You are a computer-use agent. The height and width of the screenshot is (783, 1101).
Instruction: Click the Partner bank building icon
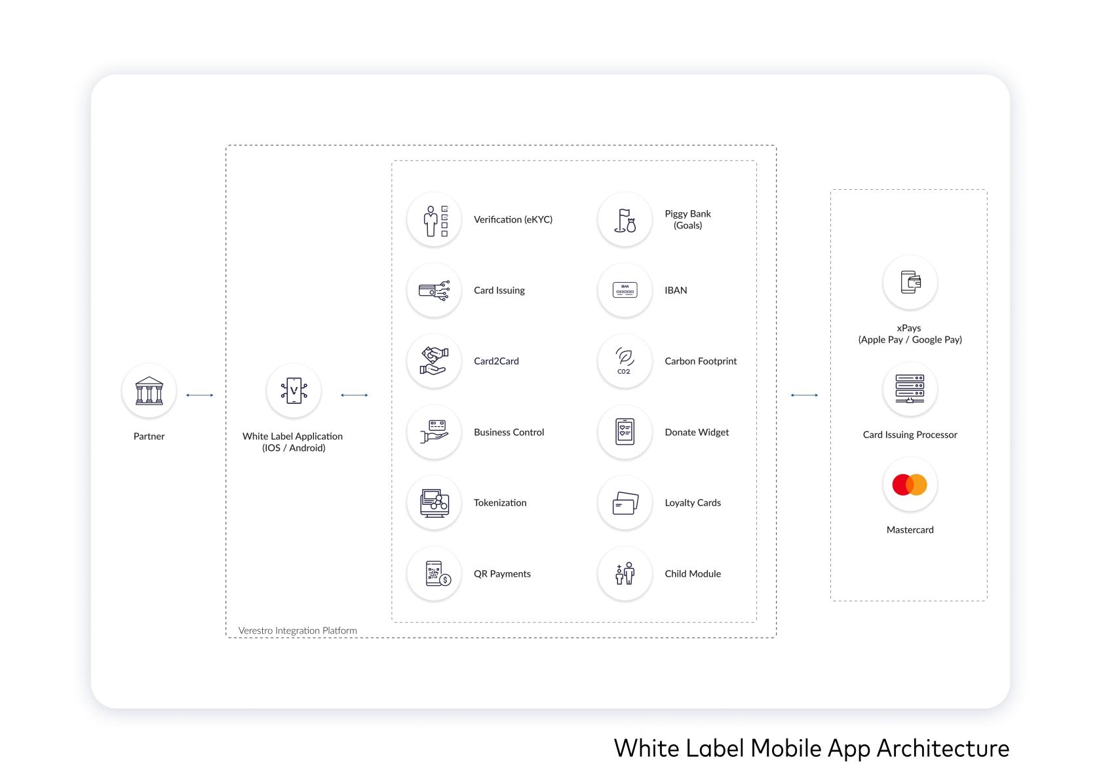[149, 391]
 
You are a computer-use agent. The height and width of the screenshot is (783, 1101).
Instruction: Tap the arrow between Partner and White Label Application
[199, 395]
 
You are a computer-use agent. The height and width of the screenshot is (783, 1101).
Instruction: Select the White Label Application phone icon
[294, 391]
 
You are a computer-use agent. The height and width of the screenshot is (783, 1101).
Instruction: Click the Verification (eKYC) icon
[434, 219]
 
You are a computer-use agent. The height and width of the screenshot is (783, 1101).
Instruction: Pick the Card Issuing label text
[499, 291]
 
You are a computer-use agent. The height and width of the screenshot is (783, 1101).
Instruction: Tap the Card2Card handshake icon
[434, 361]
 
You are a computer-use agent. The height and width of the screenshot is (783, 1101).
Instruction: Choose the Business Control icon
[434, 431]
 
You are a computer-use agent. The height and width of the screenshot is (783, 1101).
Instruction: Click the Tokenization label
[500, 503]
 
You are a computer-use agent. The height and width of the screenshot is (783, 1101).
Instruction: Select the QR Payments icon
[434, 574]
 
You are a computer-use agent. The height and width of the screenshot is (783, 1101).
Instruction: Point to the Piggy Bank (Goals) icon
[625, 219]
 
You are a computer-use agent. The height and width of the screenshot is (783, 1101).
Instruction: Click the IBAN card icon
[625, 290]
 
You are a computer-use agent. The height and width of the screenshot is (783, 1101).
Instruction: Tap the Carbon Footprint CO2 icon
[625, 361]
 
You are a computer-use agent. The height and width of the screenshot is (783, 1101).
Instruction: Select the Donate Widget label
[697, 432]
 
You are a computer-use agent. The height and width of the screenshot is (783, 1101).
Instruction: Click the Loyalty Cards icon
[625, 503]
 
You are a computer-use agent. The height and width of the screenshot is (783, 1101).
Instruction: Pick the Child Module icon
[625, 574]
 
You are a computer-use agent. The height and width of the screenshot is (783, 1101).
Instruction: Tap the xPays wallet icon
[910, 282]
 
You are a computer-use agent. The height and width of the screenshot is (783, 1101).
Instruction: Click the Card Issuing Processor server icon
[910, 389]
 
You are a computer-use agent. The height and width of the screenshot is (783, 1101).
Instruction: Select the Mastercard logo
[910, 484]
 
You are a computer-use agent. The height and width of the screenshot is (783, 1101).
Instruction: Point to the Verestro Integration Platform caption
[298, 630]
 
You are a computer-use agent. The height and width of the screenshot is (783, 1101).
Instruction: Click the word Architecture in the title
[942, 748]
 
